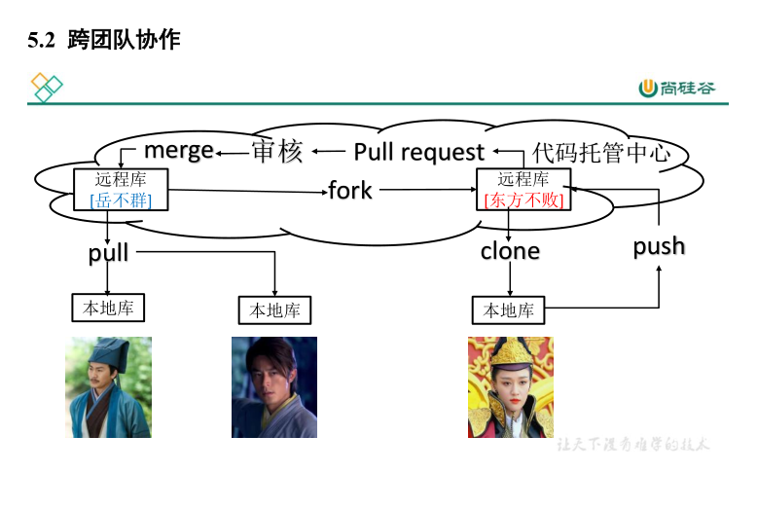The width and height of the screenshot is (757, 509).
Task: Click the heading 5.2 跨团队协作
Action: pos(105,41)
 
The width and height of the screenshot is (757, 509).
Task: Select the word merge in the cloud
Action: pos(179,150)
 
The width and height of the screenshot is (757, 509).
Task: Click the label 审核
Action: pos(277,151)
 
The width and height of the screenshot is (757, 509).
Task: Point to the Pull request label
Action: pos(418,152)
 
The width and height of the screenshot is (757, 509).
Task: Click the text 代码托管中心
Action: pos(601,153)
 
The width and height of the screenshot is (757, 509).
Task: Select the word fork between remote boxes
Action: pos(350,190)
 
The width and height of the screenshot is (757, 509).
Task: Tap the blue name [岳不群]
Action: pos(122,200)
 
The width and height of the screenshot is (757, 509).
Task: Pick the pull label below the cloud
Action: pos(108,253)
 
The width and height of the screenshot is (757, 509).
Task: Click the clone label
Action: pos(510,251)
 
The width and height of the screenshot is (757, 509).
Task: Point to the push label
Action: pos(659,246)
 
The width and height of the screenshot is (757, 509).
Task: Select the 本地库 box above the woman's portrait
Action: pos(509,309)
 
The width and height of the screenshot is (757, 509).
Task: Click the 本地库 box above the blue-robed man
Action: pos(108,308)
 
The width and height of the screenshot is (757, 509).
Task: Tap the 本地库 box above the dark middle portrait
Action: pos(275,309)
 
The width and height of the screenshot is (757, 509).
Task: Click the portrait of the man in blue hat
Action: pos(108,386)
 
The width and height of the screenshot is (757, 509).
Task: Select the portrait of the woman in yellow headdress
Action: pos(510,386)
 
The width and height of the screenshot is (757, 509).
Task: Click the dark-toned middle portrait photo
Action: pos(274,386)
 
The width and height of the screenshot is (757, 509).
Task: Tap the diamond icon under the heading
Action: pos(47,87)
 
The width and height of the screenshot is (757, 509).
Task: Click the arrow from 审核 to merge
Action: pos(233,152)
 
